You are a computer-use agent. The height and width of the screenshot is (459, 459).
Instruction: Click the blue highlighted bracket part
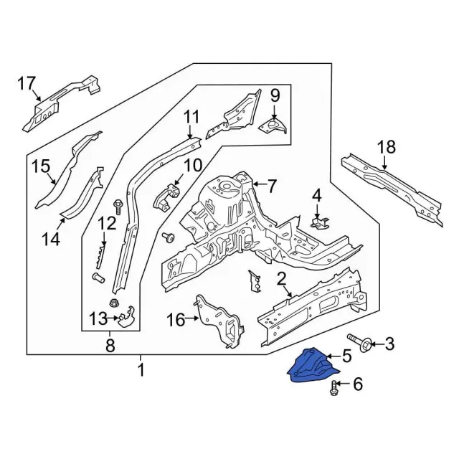pos(312,366)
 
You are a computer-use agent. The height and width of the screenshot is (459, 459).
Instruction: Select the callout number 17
pos(27,84)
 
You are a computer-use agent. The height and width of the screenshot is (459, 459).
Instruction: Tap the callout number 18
pos(387,147)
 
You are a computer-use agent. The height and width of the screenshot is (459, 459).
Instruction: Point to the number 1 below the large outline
pos(141,370)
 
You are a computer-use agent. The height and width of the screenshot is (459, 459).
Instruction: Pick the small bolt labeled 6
pos(333,387)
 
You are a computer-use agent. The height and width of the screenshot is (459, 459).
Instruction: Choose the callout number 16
pos(176,319)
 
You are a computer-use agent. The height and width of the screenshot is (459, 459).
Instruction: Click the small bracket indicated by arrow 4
pos(320,222)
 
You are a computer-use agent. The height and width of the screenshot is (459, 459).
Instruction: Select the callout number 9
pos(275,95)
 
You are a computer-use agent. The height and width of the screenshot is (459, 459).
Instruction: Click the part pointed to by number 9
pos(273,126)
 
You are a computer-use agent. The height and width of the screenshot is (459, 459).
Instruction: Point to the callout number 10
pos(193,165)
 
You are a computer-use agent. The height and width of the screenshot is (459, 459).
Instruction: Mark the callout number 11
pos(191,116)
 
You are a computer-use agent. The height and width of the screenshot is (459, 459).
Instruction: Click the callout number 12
pos(107,224)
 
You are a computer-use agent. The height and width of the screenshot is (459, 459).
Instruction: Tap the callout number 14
pos(51,239)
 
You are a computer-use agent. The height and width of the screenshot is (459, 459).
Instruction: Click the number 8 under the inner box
pos(110,346)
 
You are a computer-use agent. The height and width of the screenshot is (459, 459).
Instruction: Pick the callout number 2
pos(281,279)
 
